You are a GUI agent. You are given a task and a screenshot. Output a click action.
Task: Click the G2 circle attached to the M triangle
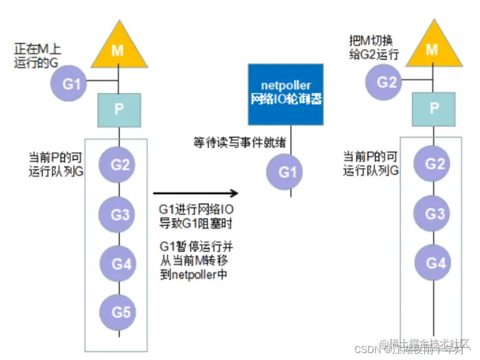point(386,82)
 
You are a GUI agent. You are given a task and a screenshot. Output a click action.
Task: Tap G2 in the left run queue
point(120,164)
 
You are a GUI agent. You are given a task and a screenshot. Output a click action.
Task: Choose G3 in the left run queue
point(121,215)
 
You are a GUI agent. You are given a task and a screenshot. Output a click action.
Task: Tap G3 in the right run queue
point(434,213)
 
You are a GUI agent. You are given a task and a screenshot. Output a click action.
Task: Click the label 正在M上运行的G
point(38,57)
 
